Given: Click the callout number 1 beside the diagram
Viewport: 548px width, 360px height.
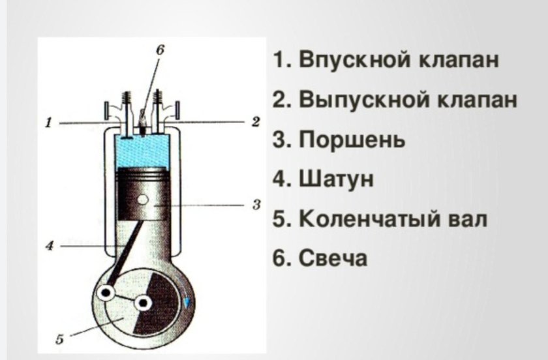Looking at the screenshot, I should (x=48, y=122).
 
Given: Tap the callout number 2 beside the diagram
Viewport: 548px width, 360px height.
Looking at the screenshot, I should (x=255, y=121).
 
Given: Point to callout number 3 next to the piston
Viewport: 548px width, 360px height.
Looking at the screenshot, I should (x=256, y=205).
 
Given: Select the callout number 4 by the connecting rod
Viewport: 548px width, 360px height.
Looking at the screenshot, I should (x=49, y=247).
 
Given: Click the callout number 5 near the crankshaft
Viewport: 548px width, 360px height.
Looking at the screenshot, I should (x=59, y=339).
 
